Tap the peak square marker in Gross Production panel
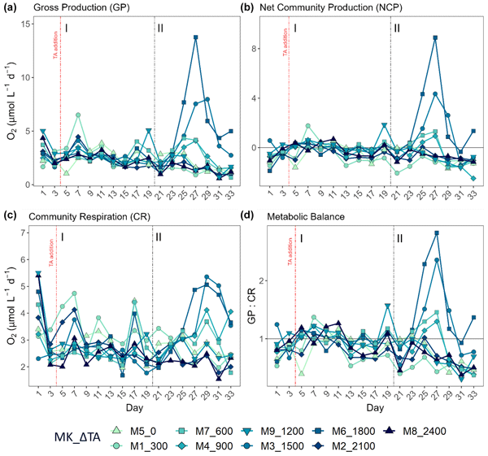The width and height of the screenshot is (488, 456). pos(196,37)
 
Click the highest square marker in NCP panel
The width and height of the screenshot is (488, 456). pos(436,37)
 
